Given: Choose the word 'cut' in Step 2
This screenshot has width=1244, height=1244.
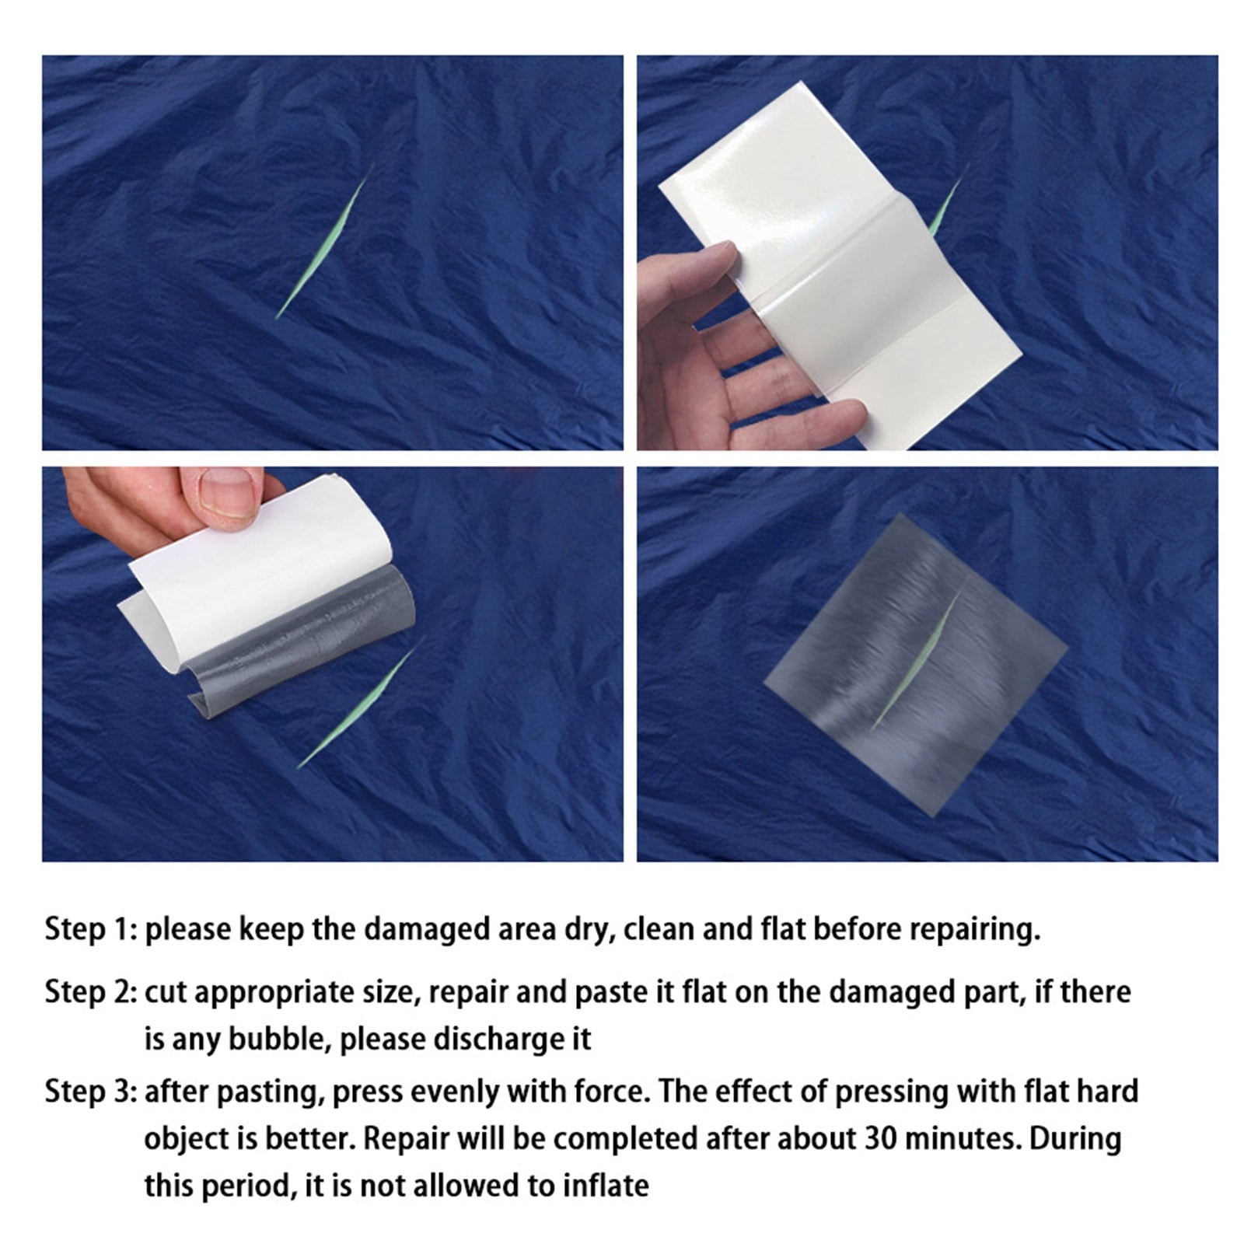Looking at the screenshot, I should click(163, 993).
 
